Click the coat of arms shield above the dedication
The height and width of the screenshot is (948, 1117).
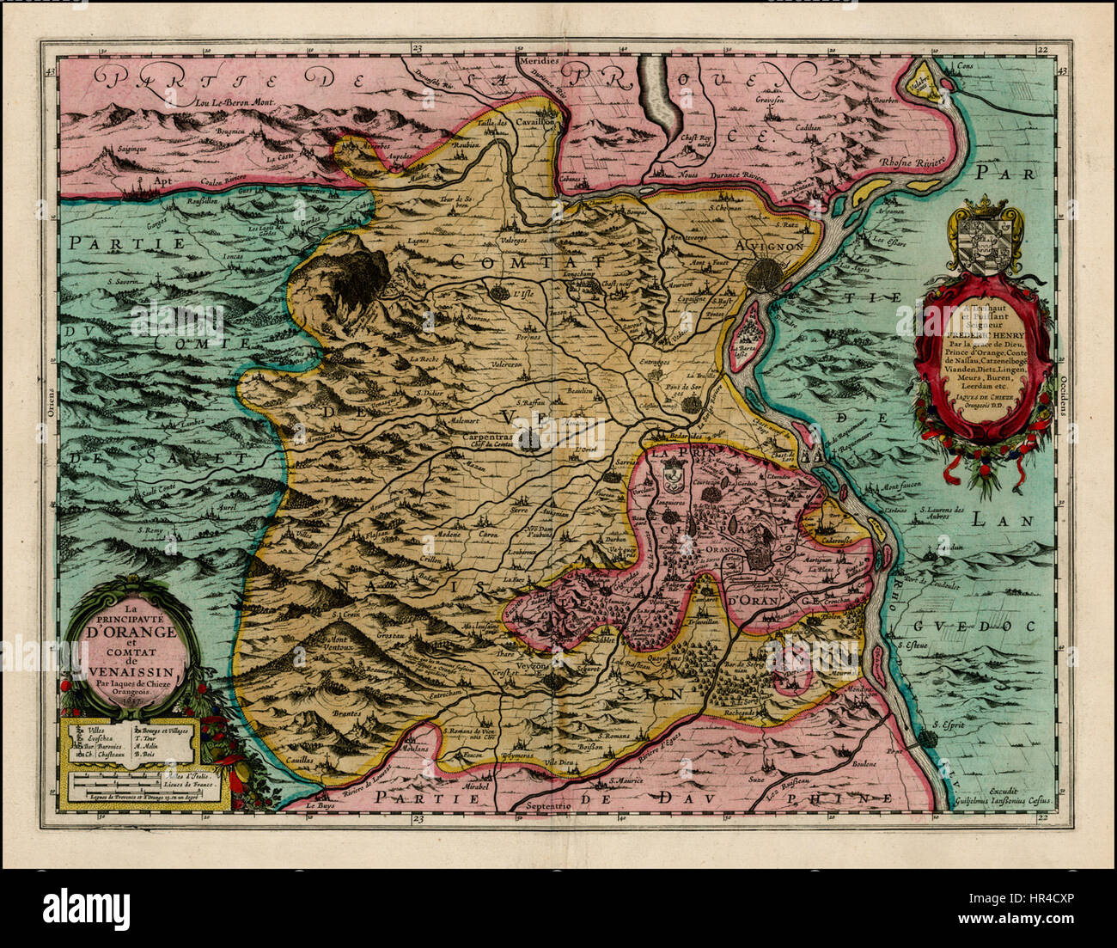981,243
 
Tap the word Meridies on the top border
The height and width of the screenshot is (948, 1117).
539,62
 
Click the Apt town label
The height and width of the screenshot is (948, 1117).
161,182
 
